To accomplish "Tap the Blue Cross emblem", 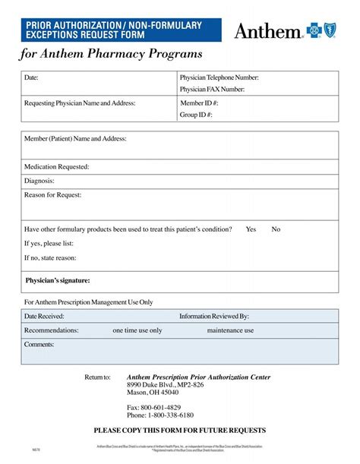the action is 314,30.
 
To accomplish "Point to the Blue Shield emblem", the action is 330,30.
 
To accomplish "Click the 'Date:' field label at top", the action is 31,77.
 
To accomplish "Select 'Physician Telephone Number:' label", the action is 219,77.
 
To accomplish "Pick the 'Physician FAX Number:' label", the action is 212,90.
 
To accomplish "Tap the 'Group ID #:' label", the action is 196,115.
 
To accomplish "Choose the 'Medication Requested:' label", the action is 57,166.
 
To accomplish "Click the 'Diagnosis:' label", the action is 39,181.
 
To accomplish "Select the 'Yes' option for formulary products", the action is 251,229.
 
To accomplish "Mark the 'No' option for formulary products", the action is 276,229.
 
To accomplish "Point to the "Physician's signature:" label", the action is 58,280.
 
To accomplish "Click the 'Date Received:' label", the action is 44,316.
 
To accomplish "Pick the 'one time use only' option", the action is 137,330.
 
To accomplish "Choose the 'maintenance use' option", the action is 230,330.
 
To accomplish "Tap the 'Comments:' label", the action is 39,345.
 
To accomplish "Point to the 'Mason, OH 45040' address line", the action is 153,393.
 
